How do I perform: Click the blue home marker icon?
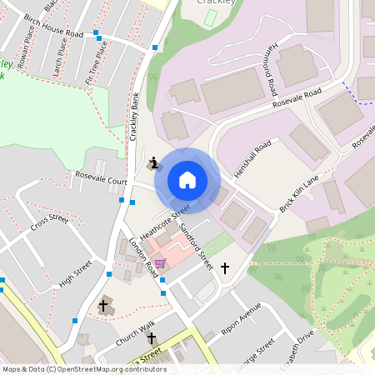[187, 180]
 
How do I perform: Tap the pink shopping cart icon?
[160, 263]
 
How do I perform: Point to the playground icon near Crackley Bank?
[152, 162]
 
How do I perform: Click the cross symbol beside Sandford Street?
[224, 268]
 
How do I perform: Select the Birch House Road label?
[54, 27]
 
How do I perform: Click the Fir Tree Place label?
[100, 59]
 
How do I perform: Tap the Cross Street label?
[49, 222]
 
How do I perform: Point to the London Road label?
[144, 257]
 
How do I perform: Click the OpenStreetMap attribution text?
[84, 368]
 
